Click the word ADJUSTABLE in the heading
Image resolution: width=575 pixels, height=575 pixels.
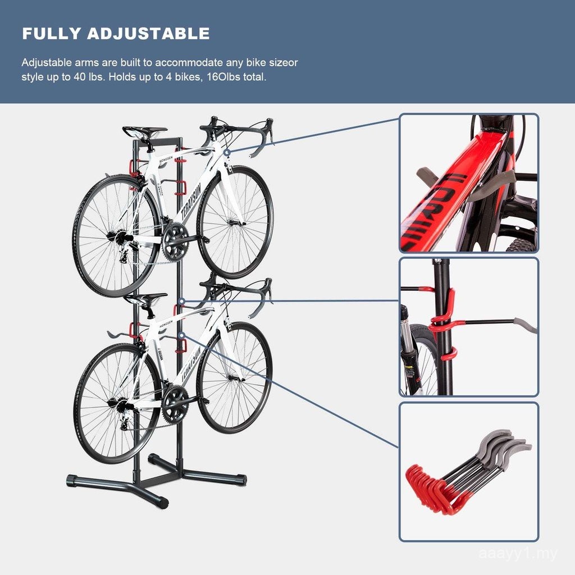pos(148,34)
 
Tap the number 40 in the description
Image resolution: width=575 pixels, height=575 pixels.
pos(79,77)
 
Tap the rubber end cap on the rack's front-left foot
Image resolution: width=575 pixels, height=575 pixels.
pos(72,481)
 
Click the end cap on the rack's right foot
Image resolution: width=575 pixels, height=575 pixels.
pos(241,480)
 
